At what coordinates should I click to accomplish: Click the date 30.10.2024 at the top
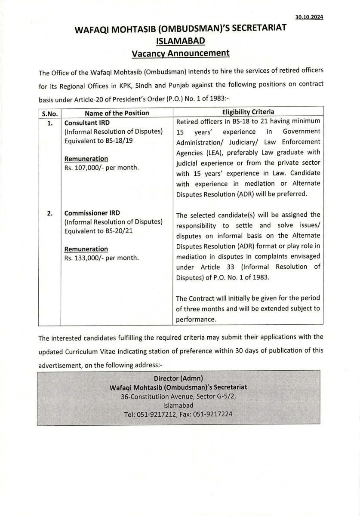(x=309, y=17)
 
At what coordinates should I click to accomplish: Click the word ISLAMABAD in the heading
(x=180, y=41)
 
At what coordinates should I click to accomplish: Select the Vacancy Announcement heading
(x=180, y=53)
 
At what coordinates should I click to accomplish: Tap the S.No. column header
(x=49, y=113)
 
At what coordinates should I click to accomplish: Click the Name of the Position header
(x=117, y=113)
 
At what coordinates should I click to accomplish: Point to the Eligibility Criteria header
(x=248, y=112)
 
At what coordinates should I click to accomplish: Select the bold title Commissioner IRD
(x=92, y=213)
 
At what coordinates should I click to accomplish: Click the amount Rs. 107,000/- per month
(x=102, y=168)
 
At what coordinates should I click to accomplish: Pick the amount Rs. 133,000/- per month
(x=102, y=258)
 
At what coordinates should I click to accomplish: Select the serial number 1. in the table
(x=50, y=123)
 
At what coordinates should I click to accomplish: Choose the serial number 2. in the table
(x=50, y=213)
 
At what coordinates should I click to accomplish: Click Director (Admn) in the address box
(x=178, y=378)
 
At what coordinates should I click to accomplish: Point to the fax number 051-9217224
(x=215, y=415)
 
